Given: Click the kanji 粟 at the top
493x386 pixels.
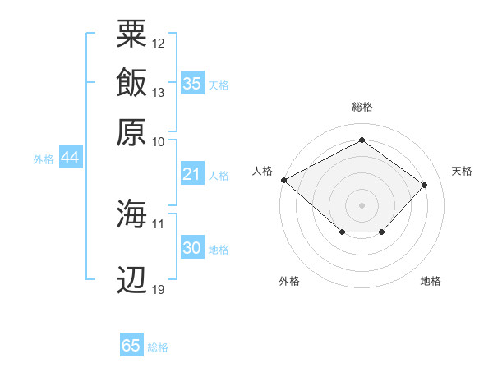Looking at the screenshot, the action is [131, 34].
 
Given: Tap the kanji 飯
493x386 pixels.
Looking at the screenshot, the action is [131, 82].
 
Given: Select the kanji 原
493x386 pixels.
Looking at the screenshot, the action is [131, 132].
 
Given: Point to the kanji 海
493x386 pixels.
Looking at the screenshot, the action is [131, 213].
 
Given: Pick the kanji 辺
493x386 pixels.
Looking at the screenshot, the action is [131, 279].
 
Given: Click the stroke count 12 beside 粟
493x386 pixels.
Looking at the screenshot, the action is [158, 44].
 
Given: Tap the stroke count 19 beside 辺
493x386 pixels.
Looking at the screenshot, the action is [158, 290].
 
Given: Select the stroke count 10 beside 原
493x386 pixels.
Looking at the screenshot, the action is [158, 142].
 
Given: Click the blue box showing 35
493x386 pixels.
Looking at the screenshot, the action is [192, 83].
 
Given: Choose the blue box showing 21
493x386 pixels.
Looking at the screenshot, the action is [192, 173].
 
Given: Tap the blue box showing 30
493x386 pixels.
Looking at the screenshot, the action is [192, 246].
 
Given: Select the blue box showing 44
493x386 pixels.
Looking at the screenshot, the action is [71, 157].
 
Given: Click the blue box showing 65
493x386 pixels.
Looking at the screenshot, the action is [131, 344].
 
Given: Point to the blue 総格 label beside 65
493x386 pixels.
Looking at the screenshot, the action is [158, 347].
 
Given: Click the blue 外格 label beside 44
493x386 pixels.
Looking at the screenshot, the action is [44, 159].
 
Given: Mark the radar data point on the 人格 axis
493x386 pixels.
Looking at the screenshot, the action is [284, 180].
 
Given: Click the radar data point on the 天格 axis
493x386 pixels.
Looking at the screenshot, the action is [424, 185].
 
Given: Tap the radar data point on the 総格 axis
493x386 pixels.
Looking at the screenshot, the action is [362, 140].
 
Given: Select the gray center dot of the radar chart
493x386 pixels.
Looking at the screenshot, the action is [362, 205].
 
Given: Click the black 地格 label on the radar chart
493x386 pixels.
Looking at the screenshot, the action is [431, 281].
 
